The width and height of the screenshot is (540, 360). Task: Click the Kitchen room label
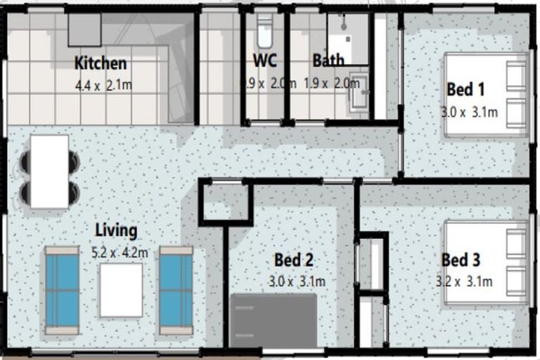101,63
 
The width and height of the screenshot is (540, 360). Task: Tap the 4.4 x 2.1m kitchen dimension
103,86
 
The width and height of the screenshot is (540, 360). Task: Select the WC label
264,60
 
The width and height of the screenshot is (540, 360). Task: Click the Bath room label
328,60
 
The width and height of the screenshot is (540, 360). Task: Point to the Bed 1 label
465,90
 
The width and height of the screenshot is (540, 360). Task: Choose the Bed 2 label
293,260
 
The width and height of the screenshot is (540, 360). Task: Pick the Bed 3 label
461,260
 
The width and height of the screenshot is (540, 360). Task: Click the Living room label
116,230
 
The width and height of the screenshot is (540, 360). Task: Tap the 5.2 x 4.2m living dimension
120,252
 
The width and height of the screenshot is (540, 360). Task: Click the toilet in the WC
264,32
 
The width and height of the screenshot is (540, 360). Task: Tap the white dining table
49,171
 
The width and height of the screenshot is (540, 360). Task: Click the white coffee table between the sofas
121,290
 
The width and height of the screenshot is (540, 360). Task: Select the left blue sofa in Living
63,290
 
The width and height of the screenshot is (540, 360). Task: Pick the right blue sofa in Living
176,290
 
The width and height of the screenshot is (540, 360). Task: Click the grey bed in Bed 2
274,320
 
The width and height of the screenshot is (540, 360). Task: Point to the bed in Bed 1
485,95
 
